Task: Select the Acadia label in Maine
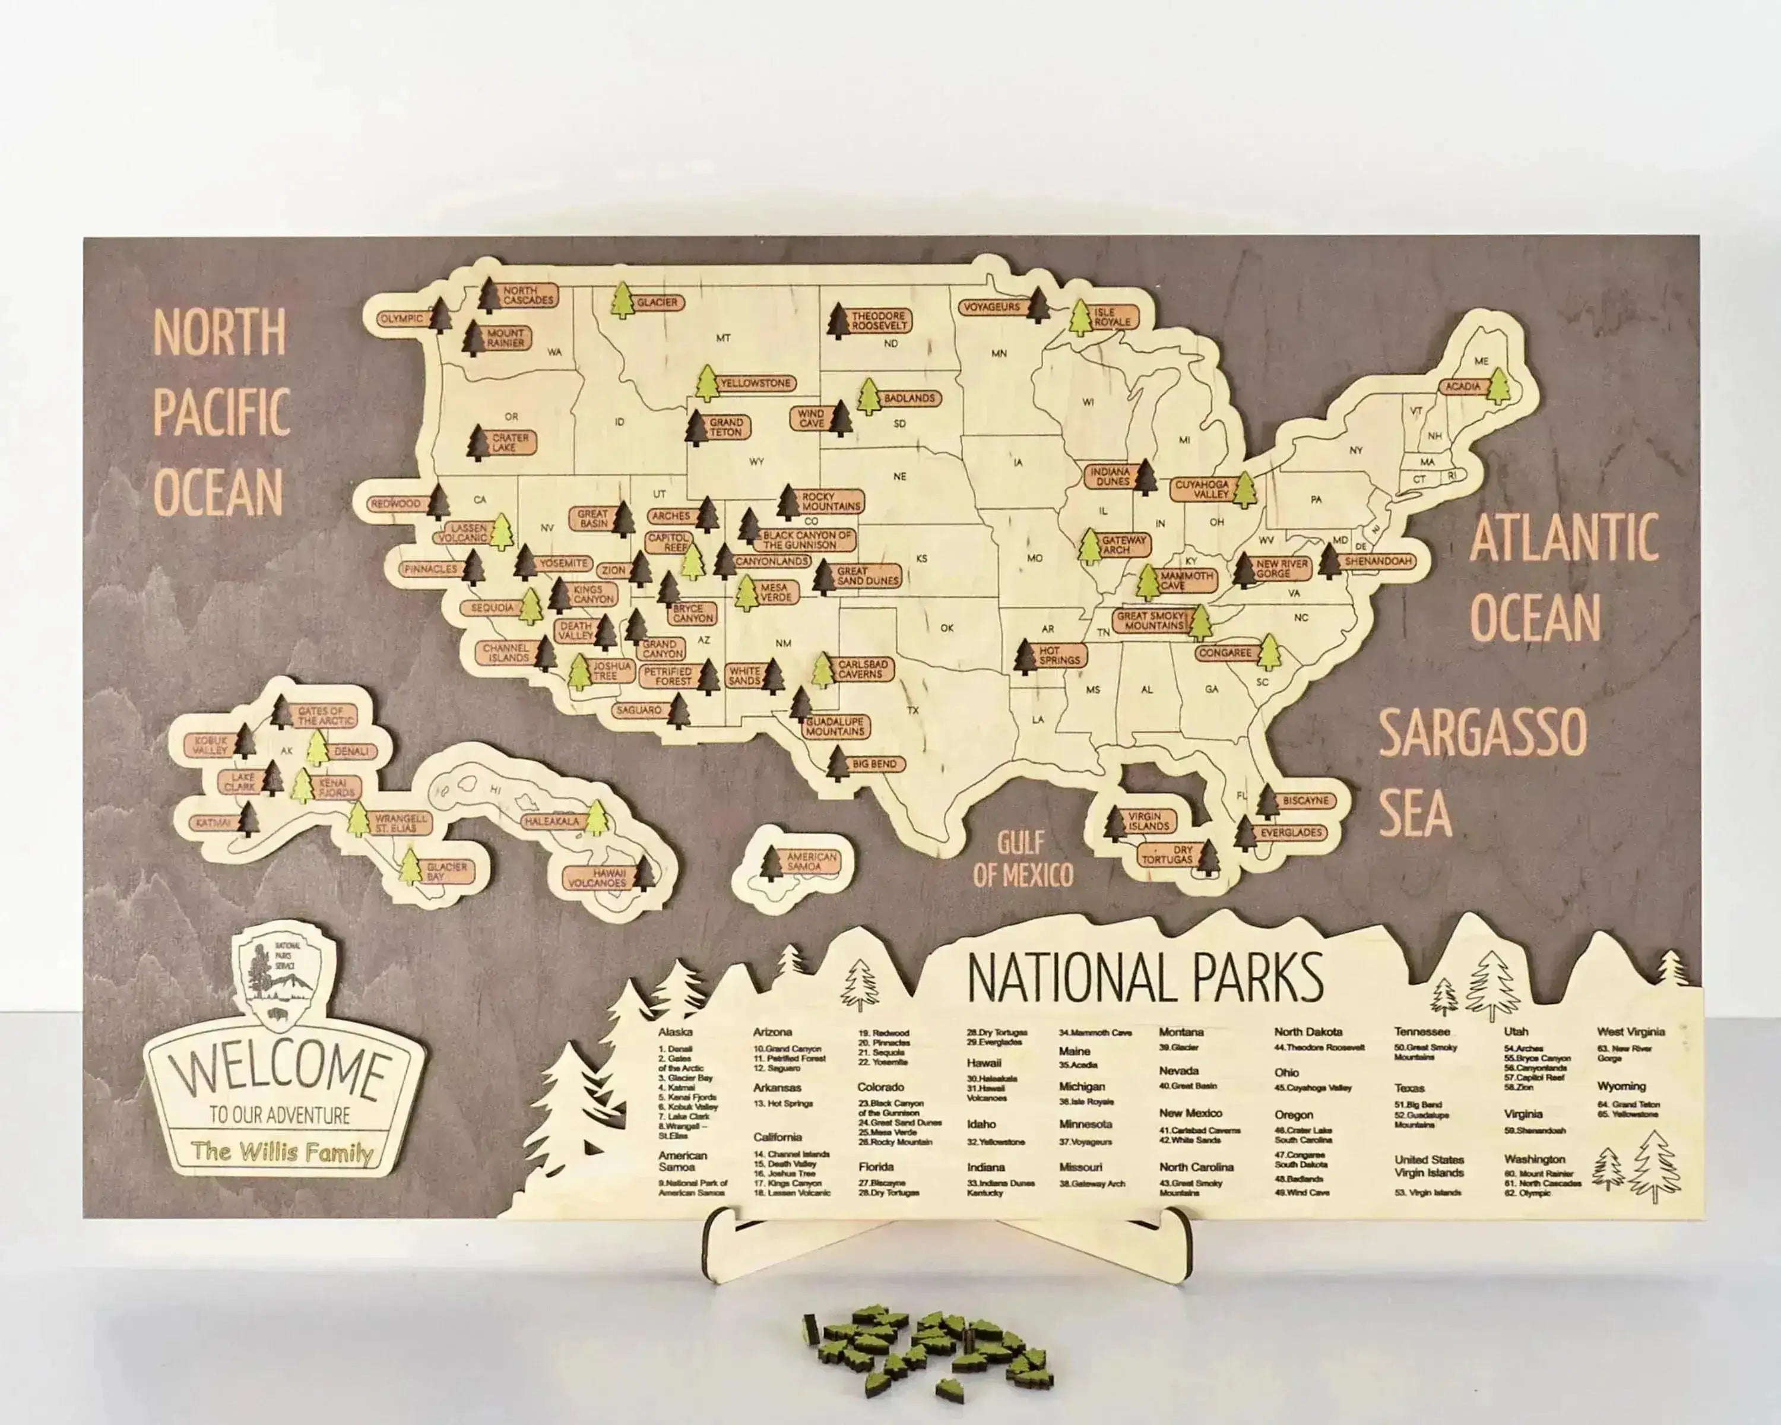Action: (1462, 387)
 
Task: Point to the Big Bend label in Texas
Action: (875, 764)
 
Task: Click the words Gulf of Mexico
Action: (1023, 859)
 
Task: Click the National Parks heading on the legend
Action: (1145, 977)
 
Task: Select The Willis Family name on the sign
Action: (281, 1151)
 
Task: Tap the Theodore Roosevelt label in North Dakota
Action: (879, 321)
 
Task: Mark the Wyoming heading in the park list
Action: (1621, 1087)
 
